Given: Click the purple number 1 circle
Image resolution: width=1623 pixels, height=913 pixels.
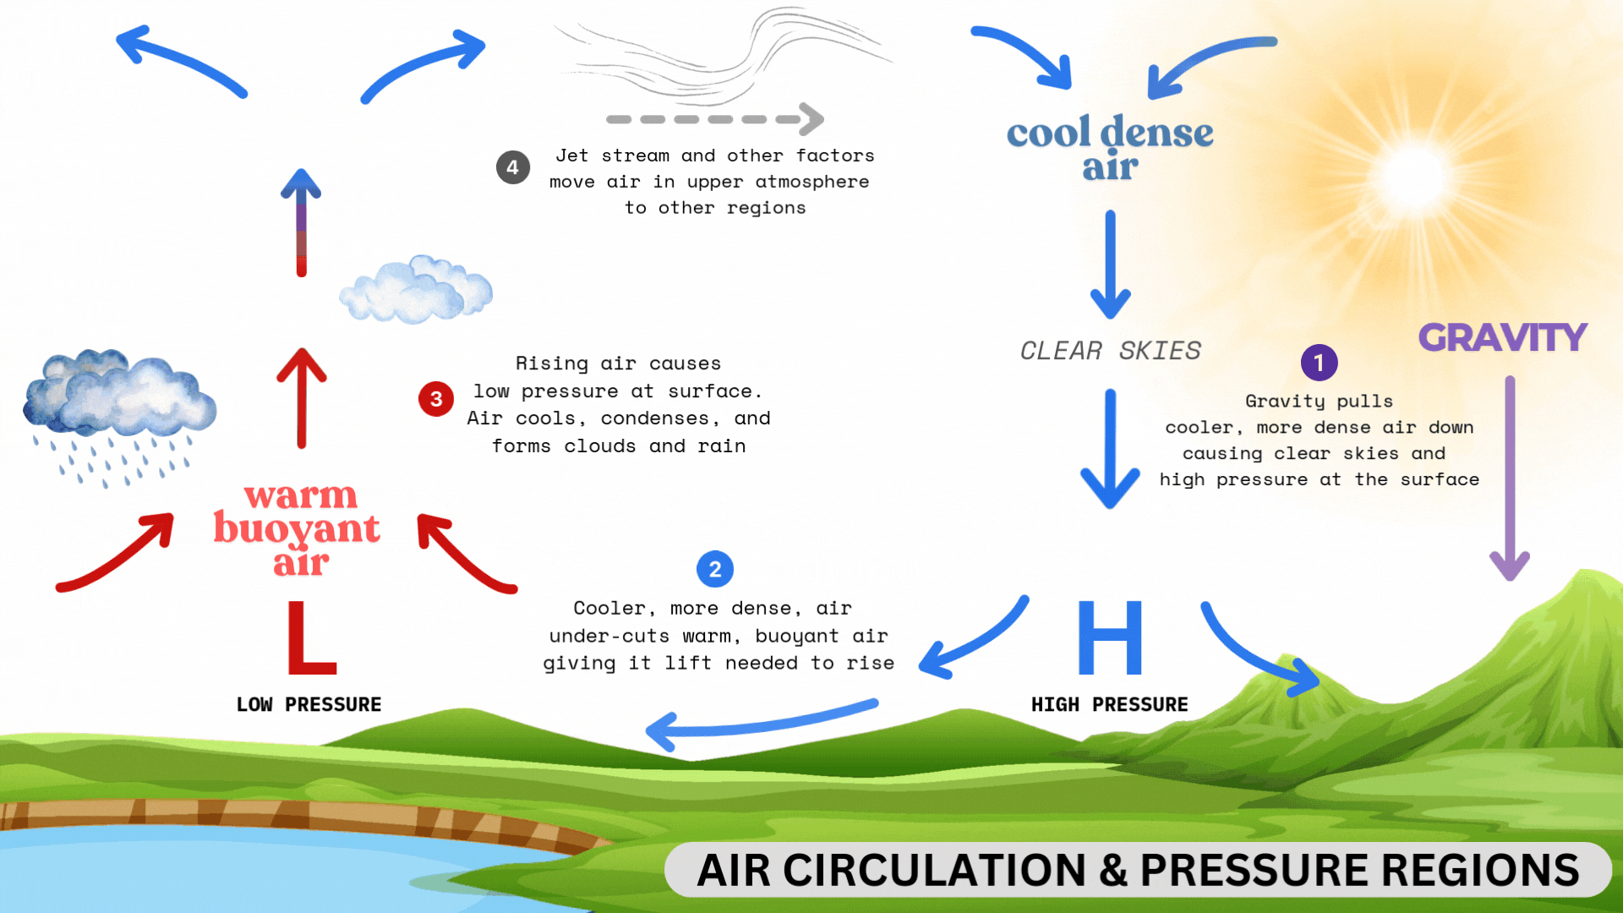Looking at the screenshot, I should coord(1319,363).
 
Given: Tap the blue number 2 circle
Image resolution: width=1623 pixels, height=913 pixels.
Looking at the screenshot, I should coord(715,569).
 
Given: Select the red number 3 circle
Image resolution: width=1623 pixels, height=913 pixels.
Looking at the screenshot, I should coord(436,399).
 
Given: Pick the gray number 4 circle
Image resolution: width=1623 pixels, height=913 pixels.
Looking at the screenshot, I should coord(513,167).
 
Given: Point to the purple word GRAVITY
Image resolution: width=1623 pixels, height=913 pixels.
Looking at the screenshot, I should coord(1502,337).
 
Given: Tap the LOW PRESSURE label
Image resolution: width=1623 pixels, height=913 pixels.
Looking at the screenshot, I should coord(309,704).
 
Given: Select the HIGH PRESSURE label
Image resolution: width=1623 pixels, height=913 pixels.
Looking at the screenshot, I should coord(1109,704).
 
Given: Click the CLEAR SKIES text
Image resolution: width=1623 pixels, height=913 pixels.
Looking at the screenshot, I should coord(1110,350).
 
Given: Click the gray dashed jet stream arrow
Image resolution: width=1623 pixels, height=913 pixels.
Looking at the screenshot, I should coord(715,119).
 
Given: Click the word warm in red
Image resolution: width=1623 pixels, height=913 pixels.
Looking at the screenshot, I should coord(301,495).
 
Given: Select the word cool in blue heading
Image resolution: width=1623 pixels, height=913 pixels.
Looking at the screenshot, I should coord(1048,133).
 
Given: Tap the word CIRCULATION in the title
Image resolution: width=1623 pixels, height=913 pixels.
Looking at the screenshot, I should coord(934,871).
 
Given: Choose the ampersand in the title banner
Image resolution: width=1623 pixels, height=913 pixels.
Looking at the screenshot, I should coord(1113,871).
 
